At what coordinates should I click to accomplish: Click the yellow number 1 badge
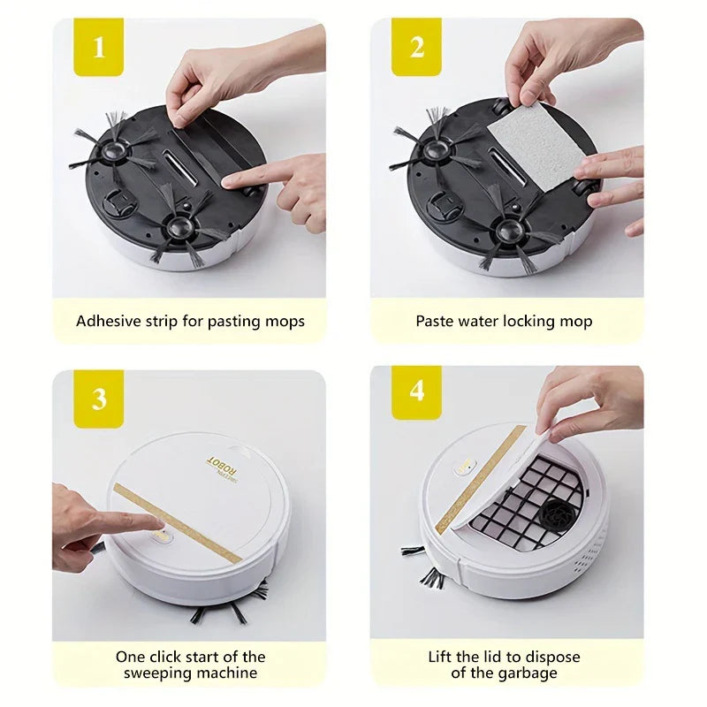[99, 47]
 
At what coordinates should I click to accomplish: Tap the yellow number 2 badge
[416, 47]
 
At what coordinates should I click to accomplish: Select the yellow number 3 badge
[99, 399]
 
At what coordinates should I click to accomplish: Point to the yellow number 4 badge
[416, 392]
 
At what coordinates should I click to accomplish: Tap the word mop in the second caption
[576, 322]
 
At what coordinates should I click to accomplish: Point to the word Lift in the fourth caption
[439, 657]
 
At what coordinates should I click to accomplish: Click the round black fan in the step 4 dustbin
[557, 513]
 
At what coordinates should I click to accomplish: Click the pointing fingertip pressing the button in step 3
[159, 523]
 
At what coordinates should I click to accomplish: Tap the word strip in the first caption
[162, 322]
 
